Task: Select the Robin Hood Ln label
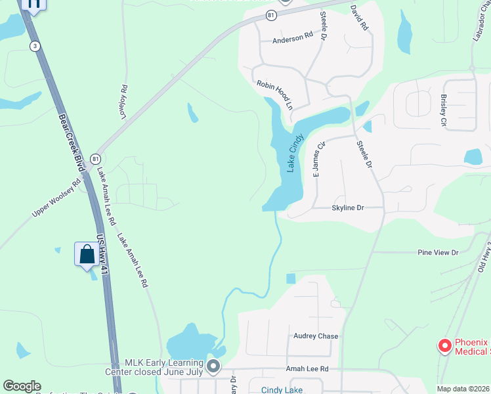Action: [x=274, y=95]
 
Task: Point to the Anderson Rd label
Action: [x=293, y=39]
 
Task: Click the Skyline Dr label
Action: [x=347, y=208]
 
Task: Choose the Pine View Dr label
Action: [x=438, y=252]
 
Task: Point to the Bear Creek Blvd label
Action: [x=72, y=144]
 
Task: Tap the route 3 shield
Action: [x=34, y=45]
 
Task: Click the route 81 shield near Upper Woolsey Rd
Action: [x=96, y=158]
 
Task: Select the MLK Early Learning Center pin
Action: [x=213, y=366]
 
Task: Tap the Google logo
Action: [x=22, y=386]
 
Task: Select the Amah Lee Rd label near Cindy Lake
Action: [x=307, y=369]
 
